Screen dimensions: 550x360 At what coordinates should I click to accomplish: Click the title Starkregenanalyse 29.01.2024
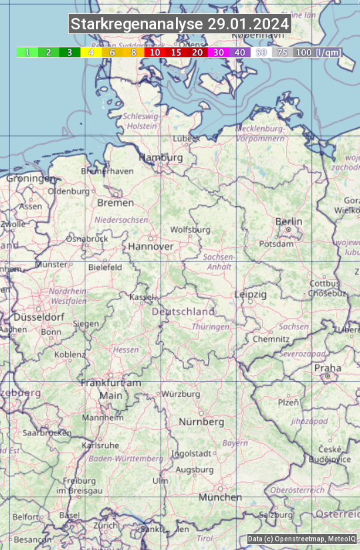180,25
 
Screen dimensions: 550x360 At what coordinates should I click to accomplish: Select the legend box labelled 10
155,52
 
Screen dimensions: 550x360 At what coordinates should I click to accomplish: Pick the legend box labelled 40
240,52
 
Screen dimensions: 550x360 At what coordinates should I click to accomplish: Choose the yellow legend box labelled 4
91,52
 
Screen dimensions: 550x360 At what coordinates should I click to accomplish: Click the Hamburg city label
161,158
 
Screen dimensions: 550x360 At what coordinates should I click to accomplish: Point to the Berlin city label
289,222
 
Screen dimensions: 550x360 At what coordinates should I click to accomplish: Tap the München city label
220,497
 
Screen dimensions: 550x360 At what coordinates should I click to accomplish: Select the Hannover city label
151,246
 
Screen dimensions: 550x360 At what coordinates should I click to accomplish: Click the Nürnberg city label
201,422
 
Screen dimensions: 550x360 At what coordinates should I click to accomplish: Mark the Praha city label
327,368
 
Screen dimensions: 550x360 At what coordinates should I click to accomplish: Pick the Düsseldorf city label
39,317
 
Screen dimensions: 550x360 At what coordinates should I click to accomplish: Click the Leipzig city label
251,294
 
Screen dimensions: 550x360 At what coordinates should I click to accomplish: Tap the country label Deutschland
183,311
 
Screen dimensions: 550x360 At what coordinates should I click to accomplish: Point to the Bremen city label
115,203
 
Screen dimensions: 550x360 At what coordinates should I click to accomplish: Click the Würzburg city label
181,394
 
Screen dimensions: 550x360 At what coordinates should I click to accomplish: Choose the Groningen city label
31,179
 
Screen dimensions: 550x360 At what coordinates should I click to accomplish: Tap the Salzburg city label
276,515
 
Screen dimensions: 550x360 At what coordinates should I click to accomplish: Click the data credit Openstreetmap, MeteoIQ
301,539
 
